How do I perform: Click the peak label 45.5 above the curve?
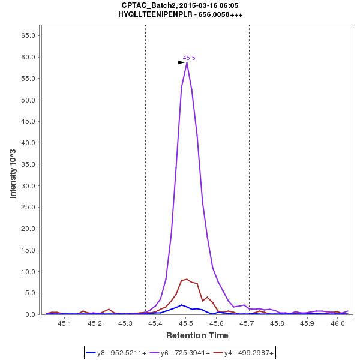coord(189,58)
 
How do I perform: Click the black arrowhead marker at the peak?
coord(181,62)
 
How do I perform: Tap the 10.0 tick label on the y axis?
coord(29,272)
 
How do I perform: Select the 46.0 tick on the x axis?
coord(338,324)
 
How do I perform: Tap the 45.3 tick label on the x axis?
coord(125,324)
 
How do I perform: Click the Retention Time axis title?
coord(197,335)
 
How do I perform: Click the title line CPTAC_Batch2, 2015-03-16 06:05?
coord(180,5)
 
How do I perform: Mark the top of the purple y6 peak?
coord(187,62)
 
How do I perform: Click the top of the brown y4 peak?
coord(187,279)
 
